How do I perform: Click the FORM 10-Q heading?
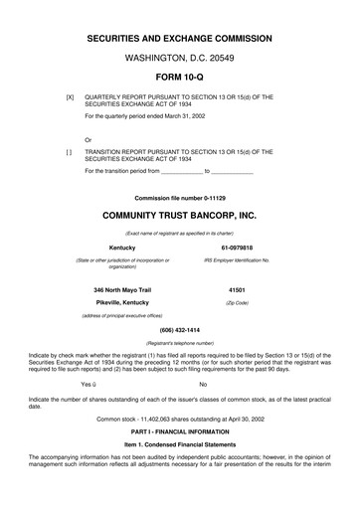pos(179,78)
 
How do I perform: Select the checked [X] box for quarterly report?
pos(69,97)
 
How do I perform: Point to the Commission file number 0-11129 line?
pos(179,197)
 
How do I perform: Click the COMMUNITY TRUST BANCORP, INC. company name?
pos(179,214)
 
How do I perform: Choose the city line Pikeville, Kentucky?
pos(122,301)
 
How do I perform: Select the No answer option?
pos(203,383)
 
